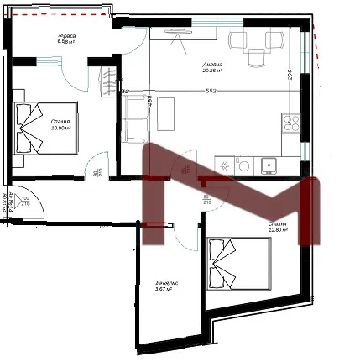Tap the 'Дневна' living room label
(x=212, y=67)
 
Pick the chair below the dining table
(x=255, y=57)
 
